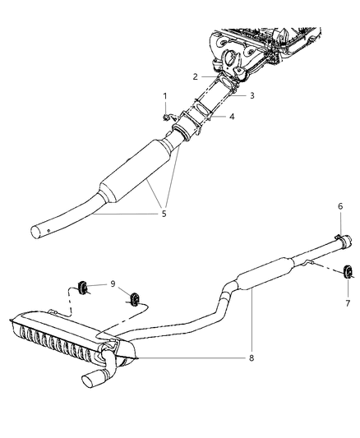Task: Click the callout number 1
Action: point(165,96)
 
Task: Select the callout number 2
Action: point(196,76)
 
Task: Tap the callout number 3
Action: point(252,96)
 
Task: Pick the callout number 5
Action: point(164,214)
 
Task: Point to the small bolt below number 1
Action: point(167,120)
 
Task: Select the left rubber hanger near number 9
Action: point(84,286)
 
